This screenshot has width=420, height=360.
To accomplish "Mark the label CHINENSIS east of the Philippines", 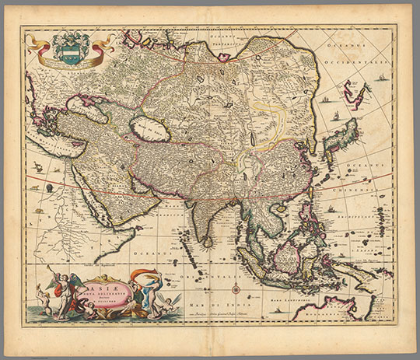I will [389, 185].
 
